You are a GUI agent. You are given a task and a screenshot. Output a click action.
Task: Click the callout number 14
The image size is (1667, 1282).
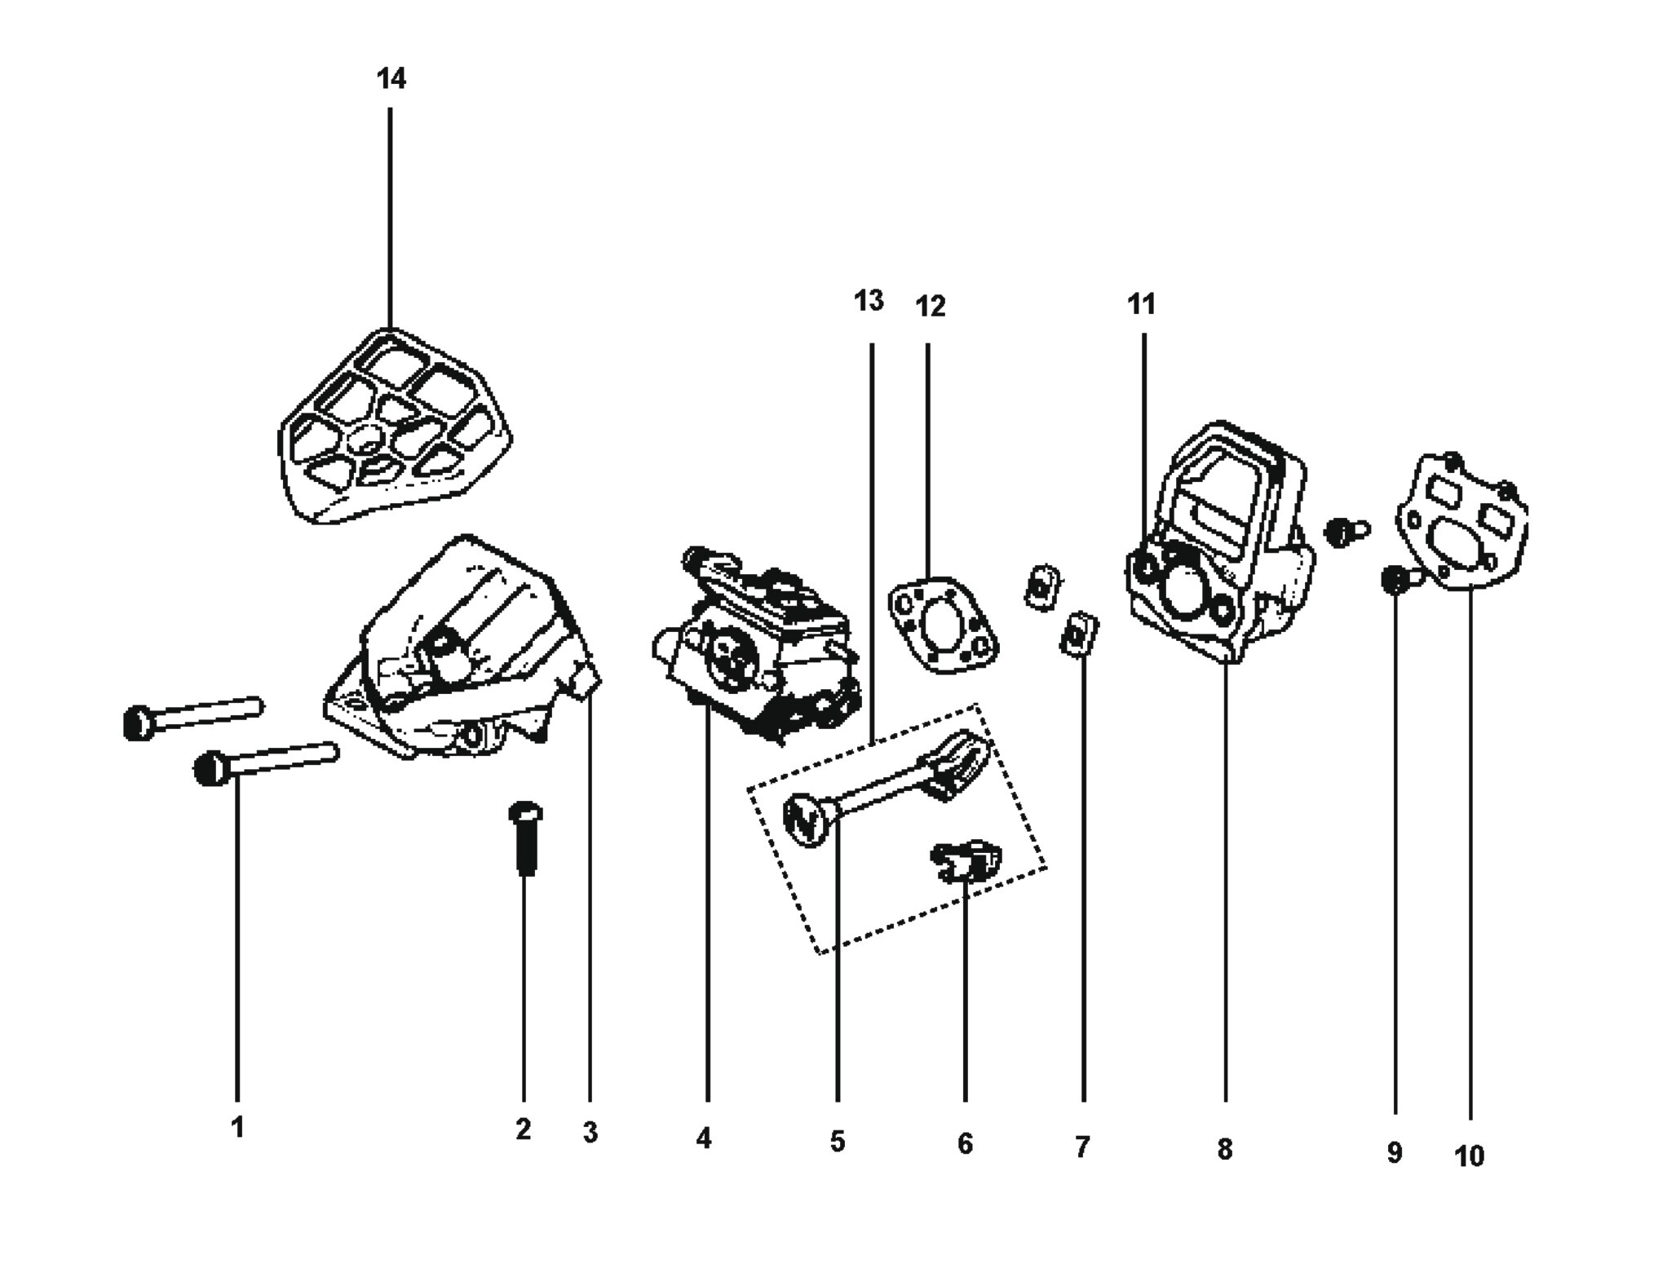(391, 79)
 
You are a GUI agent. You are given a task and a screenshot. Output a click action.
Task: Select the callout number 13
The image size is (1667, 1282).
(869, 301)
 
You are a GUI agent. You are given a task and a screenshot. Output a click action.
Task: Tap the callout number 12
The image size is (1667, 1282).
(930, 307)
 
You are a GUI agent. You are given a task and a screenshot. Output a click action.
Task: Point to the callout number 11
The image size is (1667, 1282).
(1142, 304)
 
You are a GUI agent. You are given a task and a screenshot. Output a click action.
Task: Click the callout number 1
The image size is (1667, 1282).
(237, 1127)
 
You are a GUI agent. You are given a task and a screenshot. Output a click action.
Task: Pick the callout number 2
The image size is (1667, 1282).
(523, 1129)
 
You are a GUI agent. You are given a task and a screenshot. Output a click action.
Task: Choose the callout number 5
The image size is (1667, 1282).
(838, 1142)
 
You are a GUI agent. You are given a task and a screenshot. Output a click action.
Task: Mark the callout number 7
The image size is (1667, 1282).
(1082, 1147)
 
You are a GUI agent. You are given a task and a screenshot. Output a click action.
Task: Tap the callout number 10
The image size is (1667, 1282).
(1470, 1156)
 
